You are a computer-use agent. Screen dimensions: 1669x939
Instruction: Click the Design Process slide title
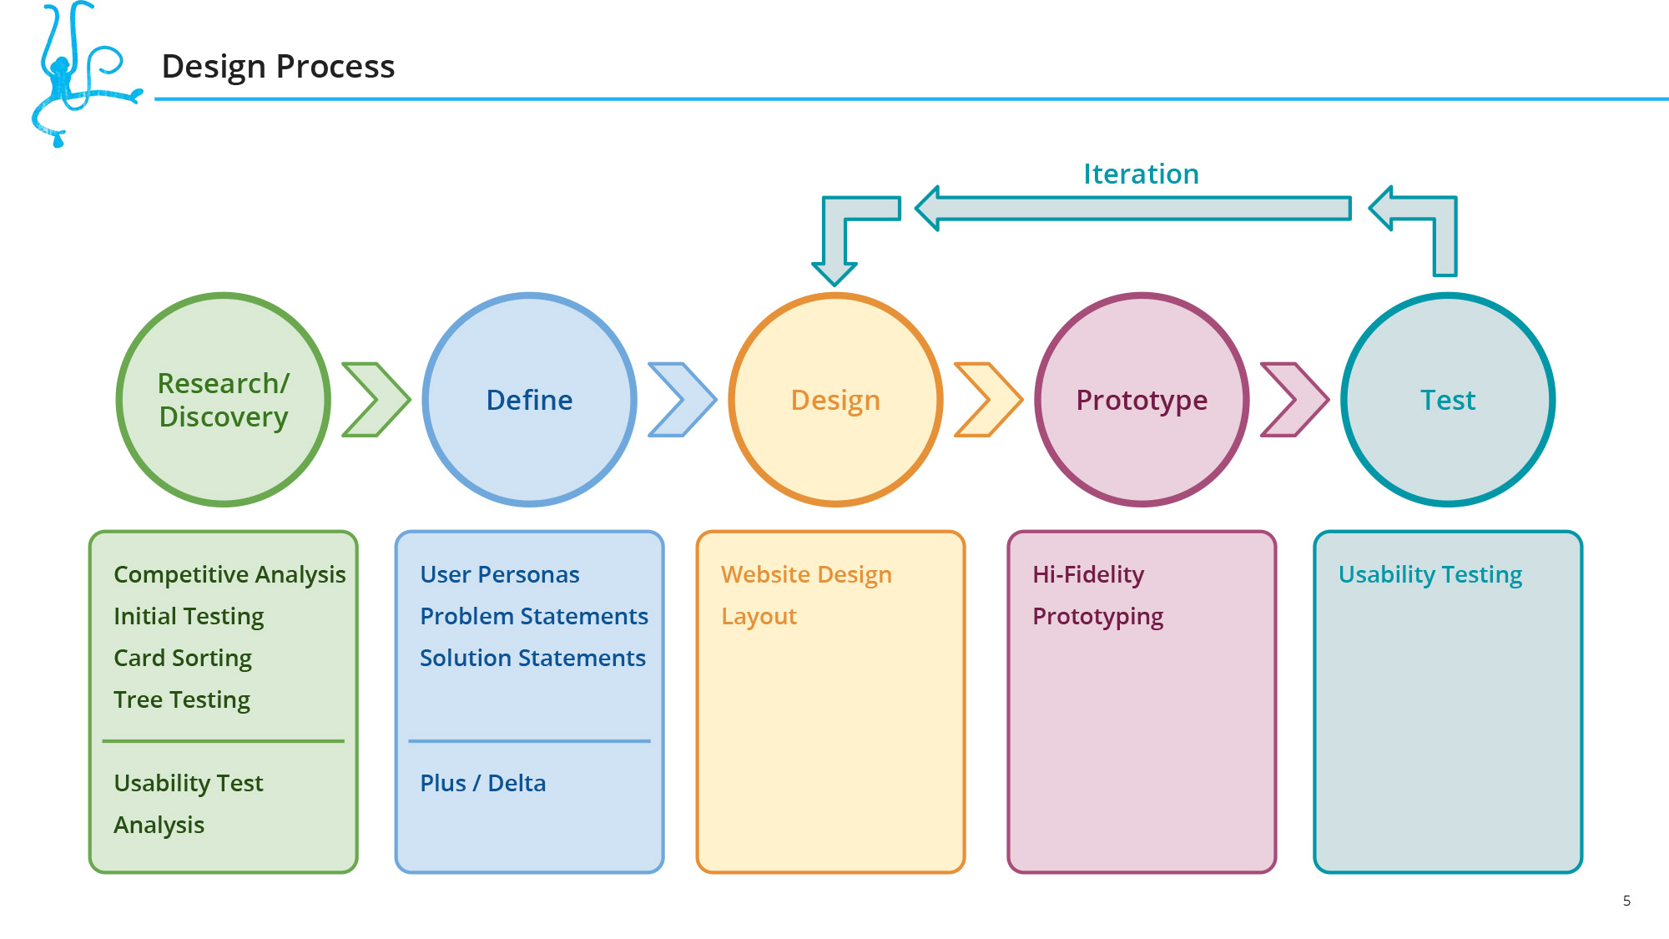click(278, 66)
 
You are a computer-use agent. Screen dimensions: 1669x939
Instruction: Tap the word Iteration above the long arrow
click(1141, 174)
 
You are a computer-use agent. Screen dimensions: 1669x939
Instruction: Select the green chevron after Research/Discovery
click(376, 400)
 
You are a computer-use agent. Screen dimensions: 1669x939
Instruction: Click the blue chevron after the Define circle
click(683, 400)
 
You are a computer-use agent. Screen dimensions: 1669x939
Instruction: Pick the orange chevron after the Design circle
click(989, 400)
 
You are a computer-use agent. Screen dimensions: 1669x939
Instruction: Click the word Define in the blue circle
click(529, 400)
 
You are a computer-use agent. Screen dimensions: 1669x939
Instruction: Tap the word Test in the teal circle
click(1448, 400)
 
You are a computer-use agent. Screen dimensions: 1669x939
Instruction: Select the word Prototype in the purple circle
click(1142, 401)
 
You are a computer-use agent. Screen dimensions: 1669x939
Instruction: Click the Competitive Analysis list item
click(229, 575)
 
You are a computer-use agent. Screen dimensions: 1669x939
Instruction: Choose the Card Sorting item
click(183, 659)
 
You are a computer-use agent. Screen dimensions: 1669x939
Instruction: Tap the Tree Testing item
click(182, 700)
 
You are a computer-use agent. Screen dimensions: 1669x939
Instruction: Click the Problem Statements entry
click(534, 616)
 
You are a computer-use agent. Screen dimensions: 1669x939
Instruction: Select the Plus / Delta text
click(483, 783)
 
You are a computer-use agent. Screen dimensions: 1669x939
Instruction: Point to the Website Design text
click(806, 575)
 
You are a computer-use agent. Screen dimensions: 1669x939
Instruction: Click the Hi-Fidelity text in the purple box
click(1088, 575)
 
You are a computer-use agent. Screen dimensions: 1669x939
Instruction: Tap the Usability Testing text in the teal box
click(1430, 575)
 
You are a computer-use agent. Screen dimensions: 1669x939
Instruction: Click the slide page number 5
click(1626, 901)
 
